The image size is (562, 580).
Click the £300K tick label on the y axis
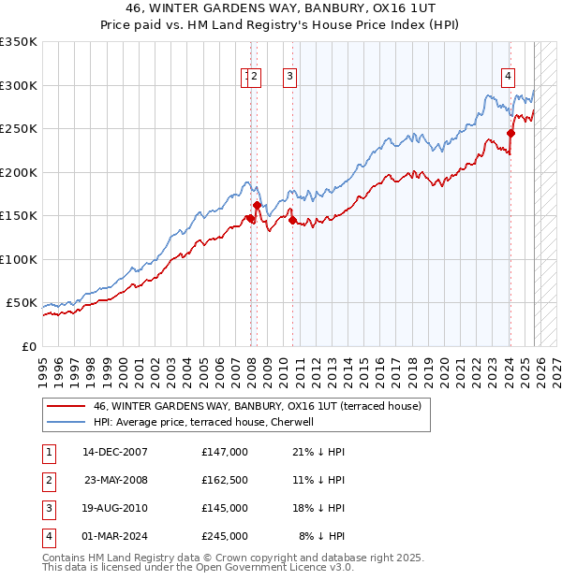pyautogui.click(x=19, y=85)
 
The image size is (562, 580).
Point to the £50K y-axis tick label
pyautogui.click(x=22, y=303)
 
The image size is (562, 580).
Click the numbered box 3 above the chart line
pyautogui.click(x=289, y=77)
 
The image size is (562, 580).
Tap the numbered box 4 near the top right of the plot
pyautogui.click(x=508, y=77)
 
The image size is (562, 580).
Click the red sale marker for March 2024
pyautogui.click(x=510, y=133)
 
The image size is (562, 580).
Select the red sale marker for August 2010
pyautogui.click(x=293, y=220)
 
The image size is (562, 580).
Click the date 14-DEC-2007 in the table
pyautogui.click(x=115, y=452)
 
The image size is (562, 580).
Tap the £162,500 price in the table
pyautogui.click(x=225, y=479)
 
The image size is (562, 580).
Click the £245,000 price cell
pyautogui.click(x=225, y=536)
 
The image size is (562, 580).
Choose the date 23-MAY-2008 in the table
pyautogui.click(x=115, y=479)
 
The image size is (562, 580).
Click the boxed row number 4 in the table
pyautogui.click(x=47, y=536)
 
